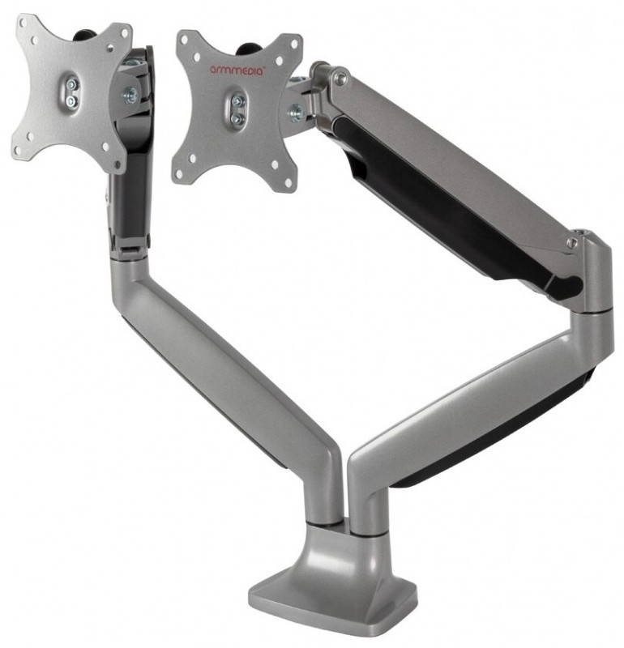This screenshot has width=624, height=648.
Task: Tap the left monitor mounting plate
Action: coord(72,93)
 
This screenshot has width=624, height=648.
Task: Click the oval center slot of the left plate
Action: coord(71,92)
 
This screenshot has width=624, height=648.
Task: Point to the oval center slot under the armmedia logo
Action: coord(237,110)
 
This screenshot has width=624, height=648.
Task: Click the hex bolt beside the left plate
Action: coord(130,95)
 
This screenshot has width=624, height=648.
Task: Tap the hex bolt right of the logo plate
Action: coord(297,113)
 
